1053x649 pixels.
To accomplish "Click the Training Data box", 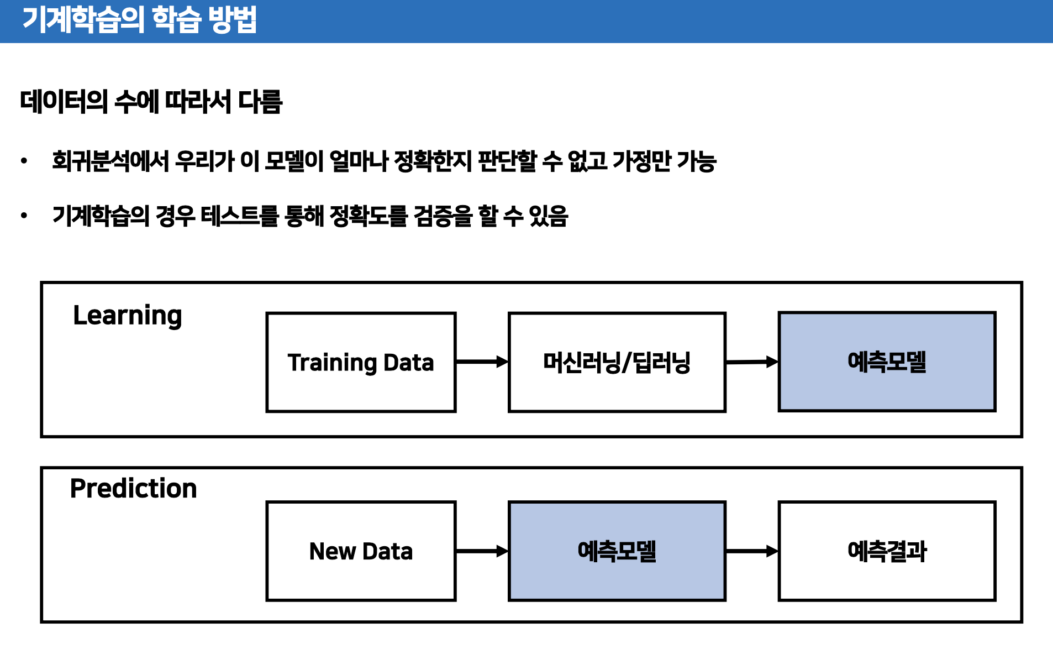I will tap(361, 362).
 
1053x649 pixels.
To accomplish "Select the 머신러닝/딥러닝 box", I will tap(617, 362).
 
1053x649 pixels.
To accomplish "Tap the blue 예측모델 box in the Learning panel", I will tap(887, 362).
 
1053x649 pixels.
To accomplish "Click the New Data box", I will tap(361, 551).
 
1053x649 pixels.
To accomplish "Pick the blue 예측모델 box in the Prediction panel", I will tap(617, 551).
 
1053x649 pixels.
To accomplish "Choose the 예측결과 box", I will tap(887, 551).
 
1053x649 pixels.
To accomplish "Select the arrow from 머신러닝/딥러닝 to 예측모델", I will tap(751, 362).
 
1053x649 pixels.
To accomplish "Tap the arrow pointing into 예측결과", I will tap(751, 551).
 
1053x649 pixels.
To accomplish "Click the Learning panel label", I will tap(128, 316).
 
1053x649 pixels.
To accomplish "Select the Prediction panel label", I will tap(133, 489).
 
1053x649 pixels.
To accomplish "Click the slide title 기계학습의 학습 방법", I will tap(139, 20).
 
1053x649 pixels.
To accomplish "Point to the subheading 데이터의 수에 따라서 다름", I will tap(151, 102).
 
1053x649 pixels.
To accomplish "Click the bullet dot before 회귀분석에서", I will tap(24, 161).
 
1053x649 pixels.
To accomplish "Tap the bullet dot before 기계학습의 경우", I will tap(24, 216).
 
